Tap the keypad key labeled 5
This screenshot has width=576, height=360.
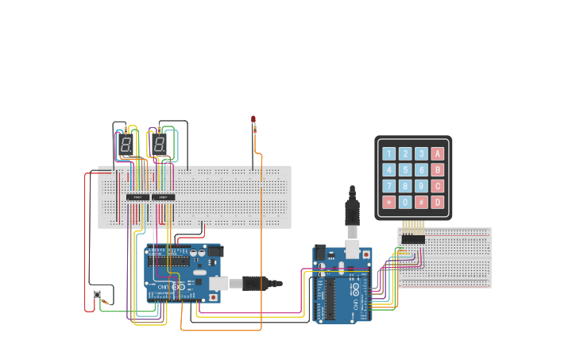(405, 170)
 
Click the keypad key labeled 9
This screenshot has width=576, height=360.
(421, 186)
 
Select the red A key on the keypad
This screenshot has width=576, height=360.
(437, 154)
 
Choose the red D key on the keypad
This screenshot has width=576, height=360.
(437, 202)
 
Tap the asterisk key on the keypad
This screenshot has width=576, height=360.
(389, 202)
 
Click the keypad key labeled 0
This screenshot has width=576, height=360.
(405, 202)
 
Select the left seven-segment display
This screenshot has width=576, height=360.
(126, 145)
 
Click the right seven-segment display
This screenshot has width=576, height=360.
(160, 145)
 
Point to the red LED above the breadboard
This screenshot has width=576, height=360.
(253, 119)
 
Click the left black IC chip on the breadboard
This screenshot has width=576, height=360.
(137, 197)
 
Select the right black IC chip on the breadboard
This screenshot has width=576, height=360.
(163, 197)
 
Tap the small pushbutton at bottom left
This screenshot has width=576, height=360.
(97, 295)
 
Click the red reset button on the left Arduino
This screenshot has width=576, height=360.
(214, 297)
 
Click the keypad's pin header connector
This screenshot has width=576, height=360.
(413, 238)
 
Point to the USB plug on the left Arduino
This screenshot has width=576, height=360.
(260, 283)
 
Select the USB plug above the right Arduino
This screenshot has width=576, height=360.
(351, 215)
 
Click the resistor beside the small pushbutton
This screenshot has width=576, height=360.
(105, 302)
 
